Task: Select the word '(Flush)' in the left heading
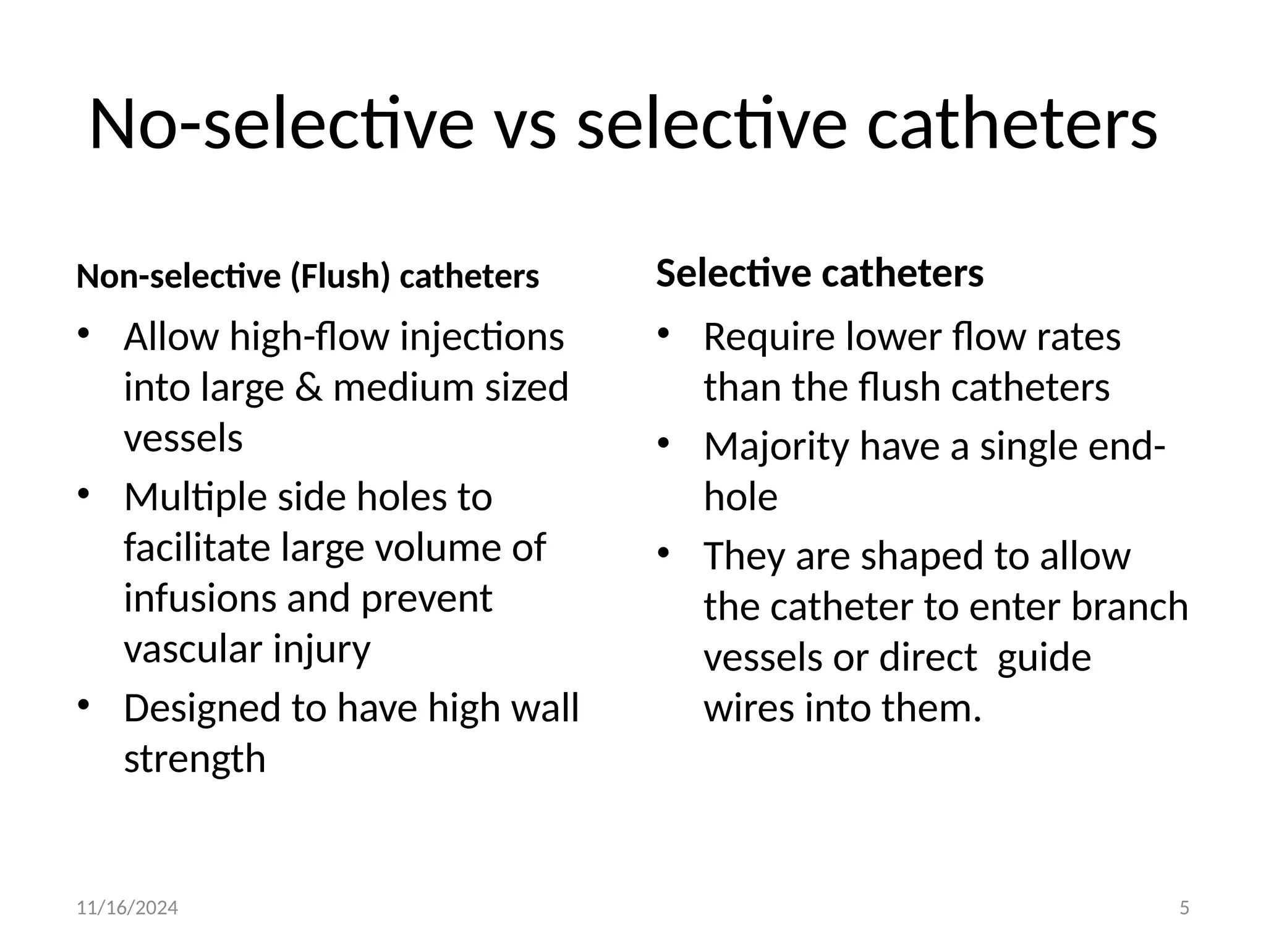[x=341, y=276]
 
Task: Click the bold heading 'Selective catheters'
[x=820, y=273]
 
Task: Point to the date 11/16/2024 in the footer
[x=127, y=908]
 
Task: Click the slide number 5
[x=1184, y=908]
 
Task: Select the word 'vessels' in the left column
[x=184, y=438]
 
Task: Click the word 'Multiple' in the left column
[x=195, y=497]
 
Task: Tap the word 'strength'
[x=195, y=759]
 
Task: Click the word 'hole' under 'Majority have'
[x=741, y=497]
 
